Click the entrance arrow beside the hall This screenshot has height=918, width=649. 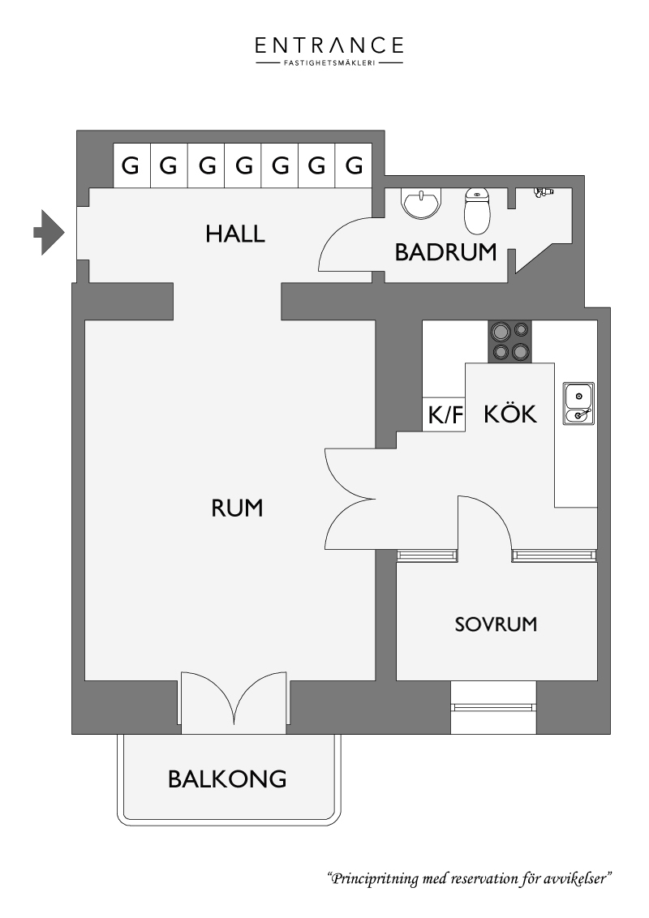pyautogui.click(x=49, y=232)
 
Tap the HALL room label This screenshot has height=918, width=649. pyautogui.click(x=235, y=234)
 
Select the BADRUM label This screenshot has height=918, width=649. pyautogui.click(x=445, y=252)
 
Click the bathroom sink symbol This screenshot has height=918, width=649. pyautogui.click(x=420, y=204)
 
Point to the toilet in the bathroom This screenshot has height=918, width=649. pyautogui.click(x=477, y=211)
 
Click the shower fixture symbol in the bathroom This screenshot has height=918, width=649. pyautogui.click(x=544, y=192)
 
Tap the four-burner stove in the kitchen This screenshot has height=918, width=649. pyautogui.click(x=510, y=341)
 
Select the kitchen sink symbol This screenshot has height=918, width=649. pyautogui.click(x=578, y=403)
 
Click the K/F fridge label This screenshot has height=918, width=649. pyautogui.click(x=445, y=415)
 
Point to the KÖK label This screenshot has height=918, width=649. pyautogui.click(x=510, y=414)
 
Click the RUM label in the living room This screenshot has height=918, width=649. pyautogui.click(x=237, y=508)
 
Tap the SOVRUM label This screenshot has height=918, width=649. pyautogui.click(x=496, y=624)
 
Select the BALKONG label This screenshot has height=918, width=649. pyautogui.click(x=227, y=779)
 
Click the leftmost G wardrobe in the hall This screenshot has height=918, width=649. pyautogui.click(x=131, y=165)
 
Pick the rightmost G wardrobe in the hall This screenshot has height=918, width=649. pyautogui.click(x=354, y=165)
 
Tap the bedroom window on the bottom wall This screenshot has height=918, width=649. pyautogui.click(x=494, y=707)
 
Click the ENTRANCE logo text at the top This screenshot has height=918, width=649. pyautogui.click(x=329, y=45)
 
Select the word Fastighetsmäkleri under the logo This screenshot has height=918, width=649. pyautogui.click(x=329, y=62)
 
